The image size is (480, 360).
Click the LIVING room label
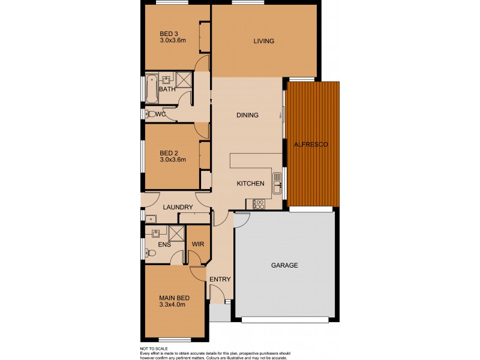click(263, 41)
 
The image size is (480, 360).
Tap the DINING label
click(247, 115)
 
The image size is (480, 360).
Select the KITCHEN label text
click(250, 184)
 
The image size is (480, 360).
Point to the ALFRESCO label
click(310, 145)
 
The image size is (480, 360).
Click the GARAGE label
click(284, 265)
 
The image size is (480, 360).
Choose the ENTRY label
click(220, 279)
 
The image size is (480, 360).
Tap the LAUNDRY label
click(178, 208)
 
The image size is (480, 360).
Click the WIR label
click(198, 244)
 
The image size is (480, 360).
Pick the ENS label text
click(164, 245)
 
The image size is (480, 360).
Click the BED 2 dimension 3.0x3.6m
click(173, 160)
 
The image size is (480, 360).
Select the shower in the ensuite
click(176, 233)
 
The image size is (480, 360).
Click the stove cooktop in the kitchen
click(259, 203)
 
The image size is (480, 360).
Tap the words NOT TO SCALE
click(152, 349)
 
